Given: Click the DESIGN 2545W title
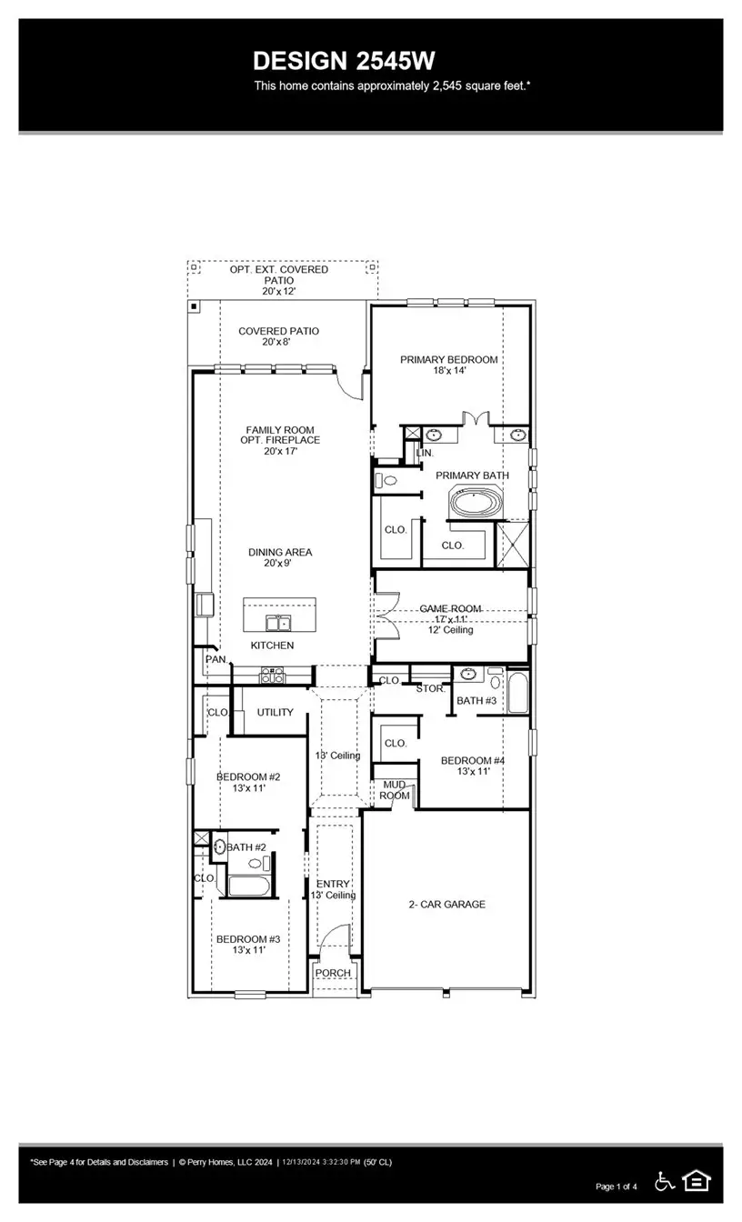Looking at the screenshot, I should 344,61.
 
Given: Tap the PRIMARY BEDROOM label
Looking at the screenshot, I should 448,360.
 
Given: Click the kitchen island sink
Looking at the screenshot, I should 278,623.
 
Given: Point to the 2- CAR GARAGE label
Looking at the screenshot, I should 446,905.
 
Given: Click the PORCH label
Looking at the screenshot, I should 332,973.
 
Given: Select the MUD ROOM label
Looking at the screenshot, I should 394,790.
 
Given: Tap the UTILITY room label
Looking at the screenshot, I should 275,712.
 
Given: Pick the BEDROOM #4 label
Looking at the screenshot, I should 472,761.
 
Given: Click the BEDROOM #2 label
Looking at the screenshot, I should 247,777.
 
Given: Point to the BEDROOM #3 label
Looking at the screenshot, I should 247,939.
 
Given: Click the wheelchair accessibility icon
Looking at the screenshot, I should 665,1181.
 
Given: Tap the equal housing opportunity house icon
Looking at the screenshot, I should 697,1181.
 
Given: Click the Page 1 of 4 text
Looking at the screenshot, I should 617,1187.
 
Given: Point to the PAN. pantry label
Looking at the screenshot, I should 216,659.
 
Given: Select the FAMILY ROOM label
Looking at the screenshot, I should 280,430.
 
